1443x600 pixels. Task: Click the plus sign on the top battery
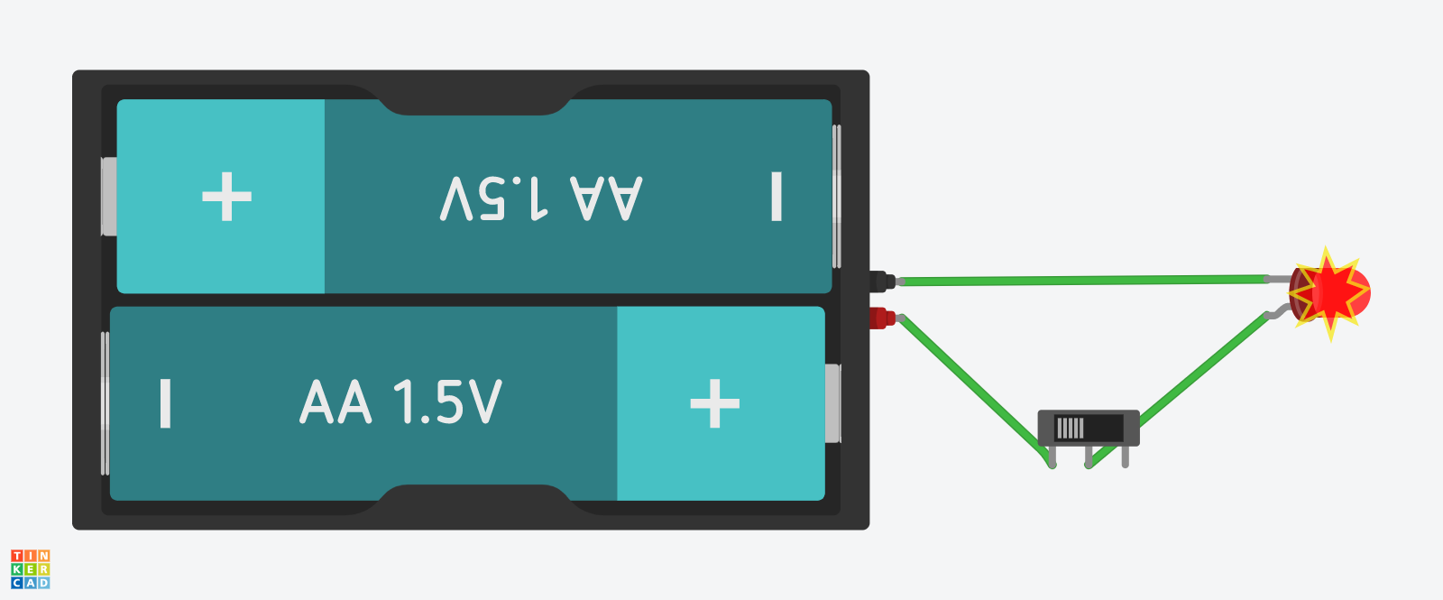[226, 197]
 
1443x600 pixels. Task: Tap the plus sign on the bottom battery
[714, 403]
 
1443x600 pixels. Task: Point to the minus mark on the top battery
[776, 197]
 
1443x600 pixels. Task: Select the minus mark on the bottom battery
[165, 403]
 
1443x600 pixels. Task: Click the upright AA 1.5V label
[400, 402]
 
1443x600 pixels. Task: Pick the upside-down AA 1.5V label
[541, 198]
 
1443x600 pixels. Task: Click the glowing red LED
[1331, 293]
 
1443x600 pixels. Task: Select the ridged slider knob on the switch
[1070, 427]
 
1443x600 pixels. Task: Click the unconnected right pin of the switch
[1125, 457]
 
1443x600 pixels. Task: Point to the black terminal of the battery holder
[882, 282]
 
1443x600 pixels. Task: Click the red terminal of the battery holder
[882, 318]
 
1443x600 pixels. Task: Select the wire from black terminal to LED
[1082, 281]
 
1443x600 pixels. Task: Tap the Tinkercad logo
[30, 569]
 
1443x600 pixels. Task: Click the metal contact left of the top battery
[108, 197]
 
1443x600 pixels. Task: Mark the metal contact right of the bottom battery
[832, 403]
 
